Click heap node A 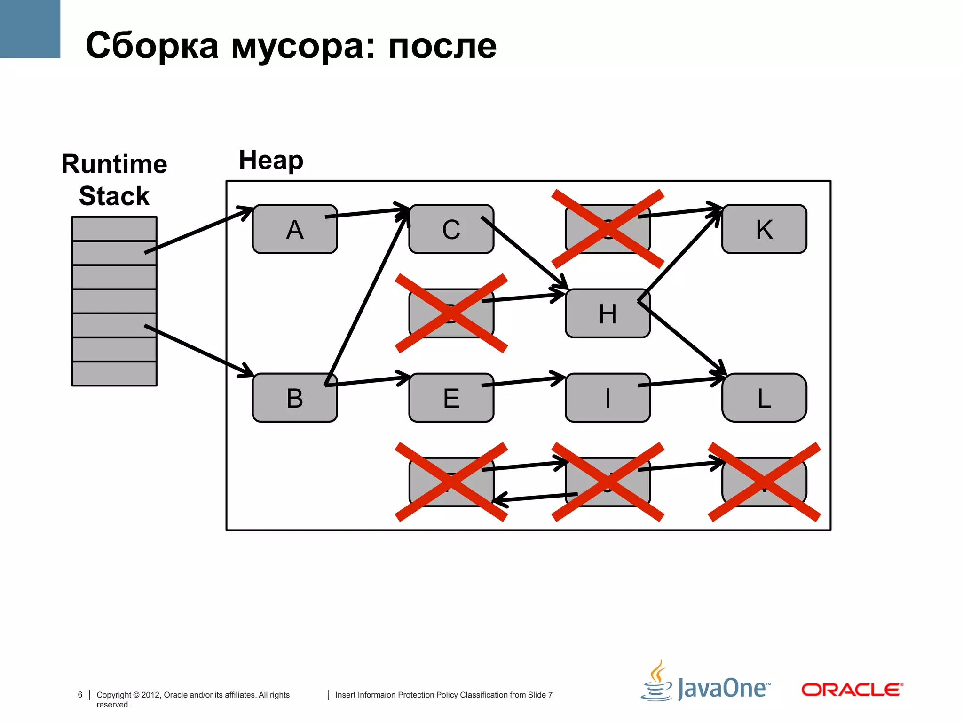click(x=295, y=229)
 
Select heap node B click(x=295, y=398)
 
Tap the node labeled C click(x=451, y=229)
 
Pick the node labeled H click(x=608, y=313)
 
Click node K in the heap click(x=764, y=229)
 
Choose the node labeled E click(x=451, y=398)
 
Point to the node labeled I click(x=608, y=398)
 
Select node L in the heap click(x=764, y=398)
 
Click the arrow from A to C click(x=367, y=212)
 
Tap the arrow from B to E click(x=367, y=381)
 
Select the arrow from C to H click(x=524, y=253)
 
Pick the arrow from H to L click(x=682, y=337)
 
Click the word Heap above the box click(x=271, y=160)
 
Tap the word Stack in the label click(x=114, y=196)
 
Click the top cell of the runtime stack click(x=114, y=229)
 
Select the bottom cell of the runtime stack click(x=114, y=374)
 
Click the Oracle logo click(x=852, y=690)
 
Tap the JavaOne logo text click(x=723, y=689)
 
